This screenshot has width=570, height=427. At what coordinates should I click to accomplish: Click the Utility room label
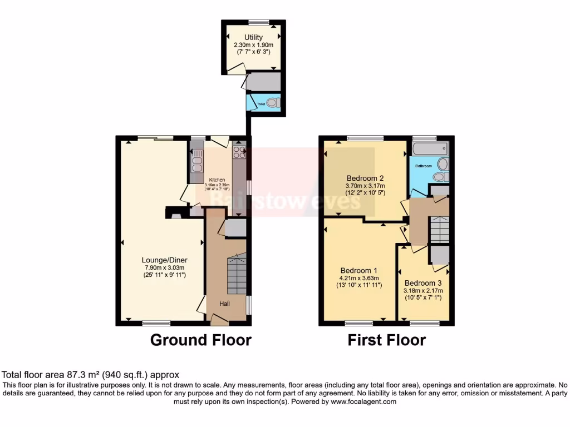tap(253, 37)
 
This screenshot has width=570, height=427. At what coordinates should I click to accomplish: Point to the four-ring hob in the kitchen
tap(239, 152)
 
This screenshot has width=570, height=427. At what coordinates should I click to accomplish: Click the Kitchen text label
tap(217, 180)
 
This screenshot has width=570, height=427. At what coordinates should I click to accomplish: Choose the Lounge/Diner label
tap(164, 260)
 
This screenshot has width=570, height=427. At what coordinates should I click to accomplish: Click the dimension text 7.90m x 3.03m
tap(164, 267)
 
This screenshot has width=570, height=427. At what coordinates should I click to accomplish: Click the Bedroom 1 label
tap(359, 271)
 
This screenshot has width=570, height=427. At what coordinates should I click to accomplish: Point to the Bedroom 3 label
tap(424, 282)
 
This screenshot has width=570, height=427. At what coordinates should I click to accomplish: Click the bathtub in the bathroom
tap(430, 148)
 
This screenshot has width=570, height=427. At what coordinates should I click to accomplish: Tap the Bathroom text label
tap(423, 166)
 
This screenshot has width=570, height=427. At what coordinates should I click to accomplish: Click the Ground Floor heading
tap(201, 340)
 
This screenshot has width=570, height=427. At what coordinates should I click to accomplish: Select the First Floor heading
tap(387, 340)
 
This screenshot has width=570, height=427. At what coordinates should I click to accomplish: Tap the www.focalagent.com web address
tap(362, 401)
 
